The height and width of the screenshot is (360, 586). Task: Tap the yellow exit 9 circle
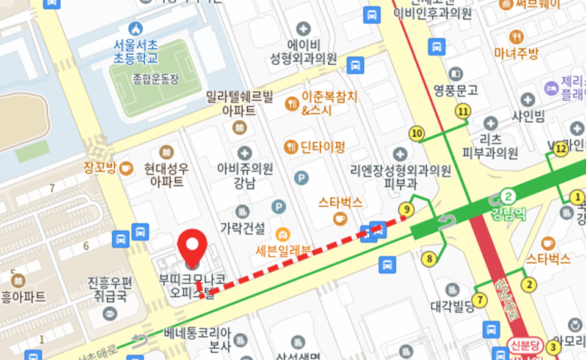(405, 209)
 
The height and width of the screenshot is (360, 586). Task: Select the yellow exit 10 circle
(418, 134)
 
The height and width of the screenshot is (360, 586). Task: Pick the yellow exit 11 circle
(463, 111)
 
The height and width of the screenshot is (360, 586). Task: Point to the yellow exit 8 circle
(430, 259)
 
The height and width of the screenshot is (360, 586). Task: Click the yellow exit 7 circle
(480, 300)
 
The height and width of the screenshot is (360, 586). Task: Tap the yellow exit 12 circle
(561, 148)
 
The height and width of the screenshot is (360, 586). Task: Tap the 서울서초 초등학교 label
(136, 52)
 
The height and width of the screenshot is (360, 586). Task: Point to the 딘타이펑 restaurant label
(322, 146)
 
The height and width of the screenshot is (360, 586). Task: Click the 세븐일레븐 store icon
(282, 233)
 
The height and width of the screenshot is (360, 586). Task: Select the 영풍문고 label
(455, 90)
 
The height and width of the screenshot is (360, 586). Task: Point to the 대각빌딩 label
(452, 306)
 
